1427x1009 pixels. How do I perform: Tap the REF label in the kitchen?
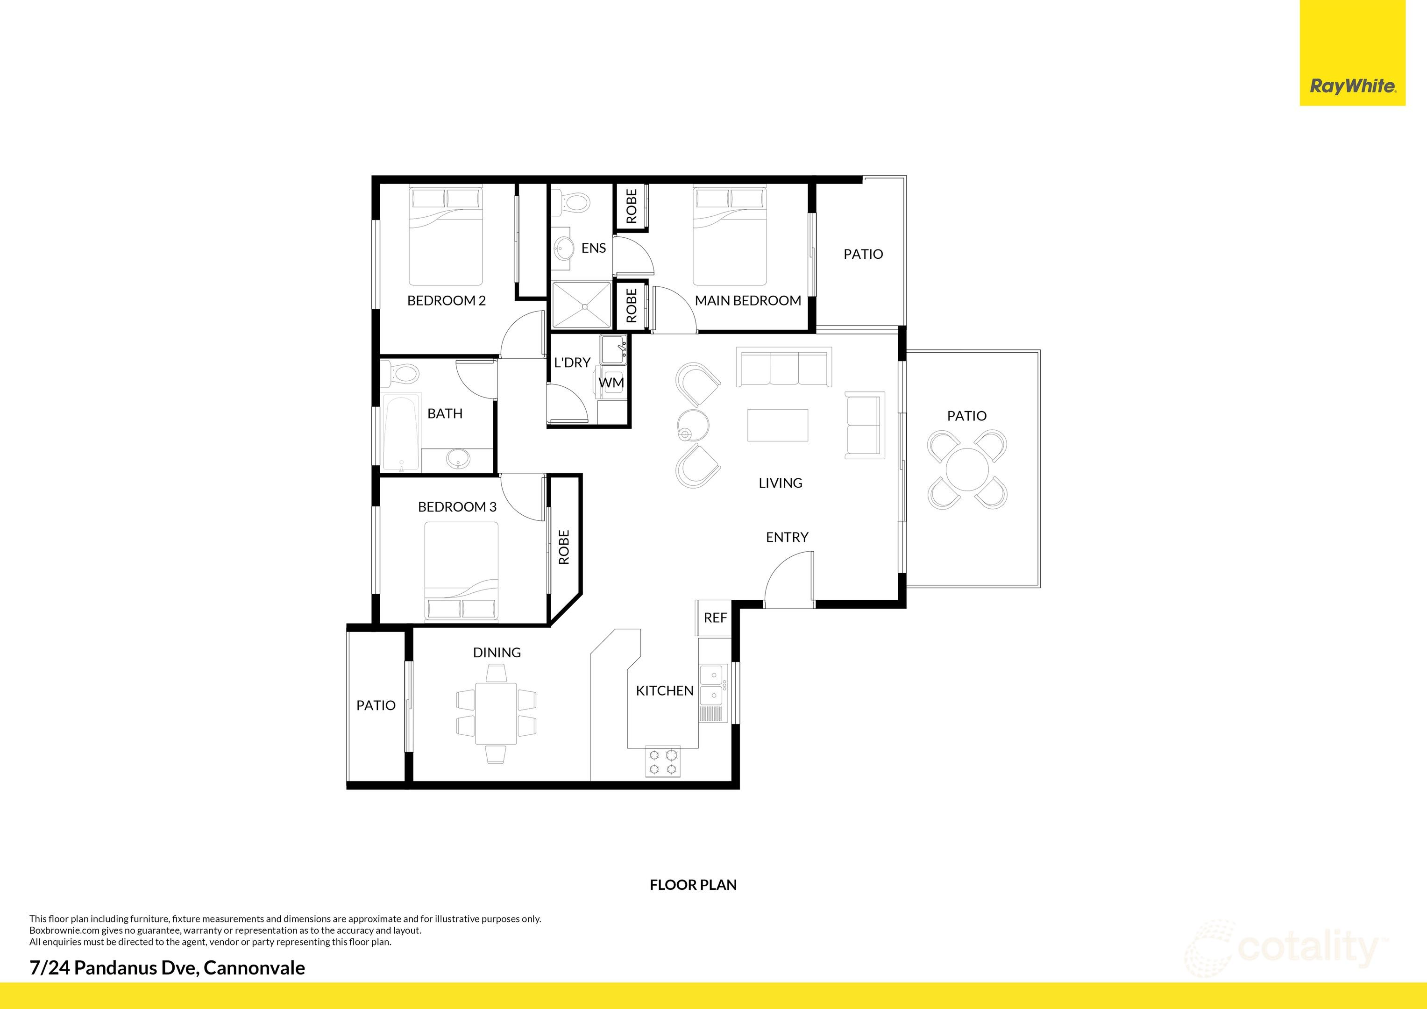click(715, 618)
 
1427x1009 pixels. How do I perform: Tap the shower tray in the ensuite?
click(581, 304)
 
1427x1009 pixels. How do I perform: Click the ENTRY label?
click(787, 537)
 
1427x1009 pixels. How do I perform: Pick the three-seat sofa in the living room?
click(784, 368)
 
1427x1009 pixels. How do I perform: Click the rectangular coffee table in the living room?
click(778, 425)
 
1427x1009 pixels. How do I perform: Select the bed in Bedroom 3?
click(461, 571)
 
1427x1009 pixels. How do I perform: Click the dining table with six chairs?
click(496, 712)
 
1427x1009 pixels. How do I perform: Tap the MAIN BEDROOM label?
click(748, 301)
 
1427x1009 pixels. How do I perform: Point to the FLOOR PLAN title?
click(693, 885)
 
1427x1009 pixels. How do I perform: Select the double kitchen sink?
click(712, 684)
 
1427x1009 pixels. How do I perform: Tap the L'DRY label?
click(572, 362)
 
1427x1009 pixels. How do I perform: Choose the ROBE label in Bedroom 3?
click(564, 547)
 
